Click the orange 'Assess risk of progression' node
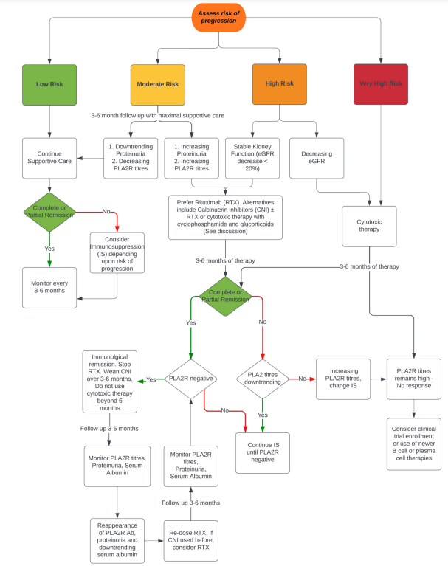pos(218,17)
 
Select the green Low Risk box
pos(49,85)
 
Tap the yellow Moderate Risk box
pos(158,85)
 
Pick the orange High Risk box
pos(280,84)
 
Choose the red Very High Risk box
pos(381,84)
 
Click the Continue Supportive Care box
pos(49,158)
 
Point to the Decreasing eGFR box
pos(317,158)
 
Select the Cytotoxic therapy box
pos(369,227)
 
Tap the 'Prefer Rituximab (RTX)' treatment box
pos(225,217)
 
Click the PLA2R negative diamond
pos(191,379)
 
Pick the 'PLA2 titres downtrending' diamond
pos(263,379)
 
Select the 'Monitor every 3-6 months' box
pos(49,288)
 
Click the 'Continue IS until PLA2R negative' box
pos(263,452)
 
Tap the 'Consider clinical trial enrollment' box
pos(414,444)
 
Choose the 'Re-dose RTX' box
pos(191,541)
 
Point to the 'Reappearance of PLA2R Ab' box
pos(117,541)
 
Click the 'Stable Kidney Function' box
pos(252,158)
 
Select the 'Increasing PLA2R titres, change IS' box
pos(343,379)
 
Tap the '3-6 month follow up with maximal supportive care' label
pos(157,116)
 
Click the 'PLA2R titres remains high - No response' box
pos(414,379)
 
